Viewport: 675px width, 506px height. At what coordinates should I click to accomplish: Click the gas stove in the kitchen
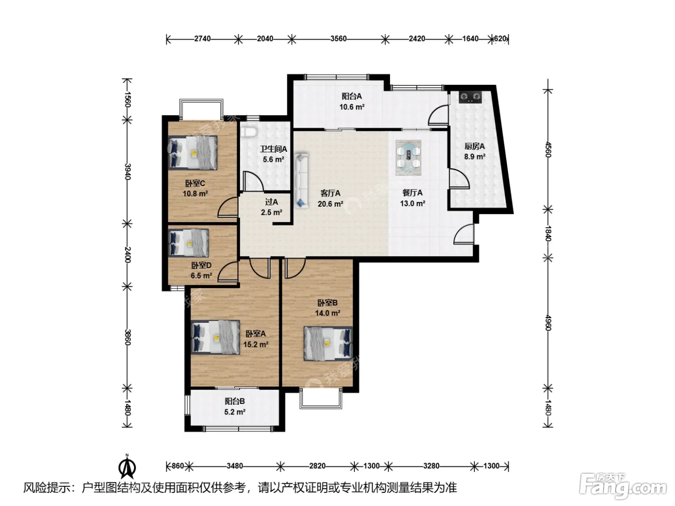pyautogui.click(x=470, y=97)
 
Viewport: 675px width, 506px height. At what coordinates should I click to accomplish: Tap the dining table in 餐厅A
pyautogui.click(x=408, y=158)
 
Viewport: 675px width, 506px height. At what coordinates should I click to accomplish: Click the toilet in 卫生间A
pyautogui.click(x=249, y=132)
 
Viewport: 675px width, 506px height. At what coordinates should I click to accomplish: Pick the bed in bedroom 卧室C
pyautogui.click(x=193, y=153)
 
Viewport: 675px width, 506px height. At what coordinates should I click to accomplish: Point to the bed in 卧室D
pyautogui.click(x=189, y=243)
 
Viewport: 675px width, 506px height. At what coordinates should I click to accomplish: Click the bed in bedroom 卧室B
pyautogui.click(x=328, y=343)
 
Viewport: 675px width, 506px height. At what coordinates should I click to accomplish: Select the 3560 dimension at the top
pyautogui.click(x=338, y=39)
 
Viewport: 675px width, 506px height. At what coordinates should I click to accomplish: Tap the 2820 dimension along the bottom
pyautogui.click(x=317, y=466)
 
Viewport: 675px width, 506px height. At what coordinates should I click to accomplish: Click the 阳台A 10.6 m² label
pyautogui.click(x=352, y=102)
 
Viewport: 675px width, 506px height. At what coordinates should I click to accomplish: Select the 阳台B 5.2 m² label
pyautogui.click(x=235, y=406)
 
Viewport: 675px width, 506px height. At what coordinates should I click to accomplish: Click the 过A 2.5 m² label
pyautogui.click(x=271, y=207)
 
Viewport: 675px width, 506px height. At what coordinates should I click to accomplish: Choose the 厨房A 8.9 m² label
pyautogui.click(x=474, y=151)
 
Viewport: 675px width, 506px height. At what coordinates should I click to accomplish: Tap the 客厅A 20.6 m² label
pyautogui.click(x=330, y=199)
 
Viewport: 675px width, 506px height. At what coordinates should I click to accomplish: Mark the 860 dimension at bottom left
pyautogui.click(x=177, y=466)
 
